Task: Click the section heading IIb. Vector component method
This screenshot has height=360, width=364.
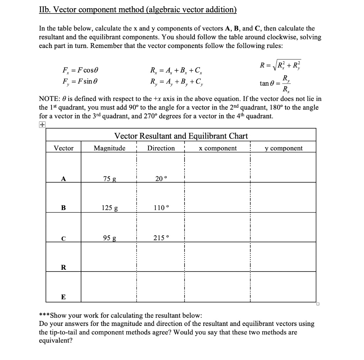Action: (x=138, y=10)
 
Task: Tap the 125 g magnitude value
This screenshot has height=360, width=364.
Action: (x=109, y=208)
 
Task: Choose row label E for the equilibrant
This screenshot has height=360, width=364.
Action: (x=63, y=297)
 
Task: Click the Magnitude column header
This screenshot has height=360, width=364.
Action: (x=109, y=148)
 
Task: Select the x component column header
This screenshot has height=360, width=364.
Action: (x=218, y=148)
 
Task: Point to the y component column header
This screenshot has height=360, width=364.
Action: (x=284, y=148)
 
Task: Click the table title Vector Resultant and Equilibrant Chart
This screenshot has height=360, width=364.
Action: (x=181, y=136)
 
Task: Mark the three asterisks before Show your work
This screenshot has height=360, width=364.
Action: (x=44, y=316)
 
